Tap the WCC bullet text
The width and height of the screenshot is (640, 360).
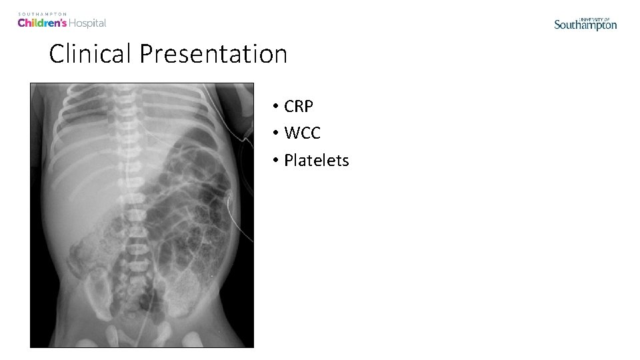point(302,133)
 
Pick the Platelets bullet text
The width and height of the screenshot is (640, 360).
point(316,160)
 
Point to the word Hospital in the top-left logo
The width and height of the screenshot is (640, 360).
point(88,23)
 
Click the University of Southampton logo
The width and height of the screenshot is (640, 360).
point(585,24)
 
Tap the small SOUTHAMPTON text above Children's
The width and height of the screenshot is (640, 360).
point(42,13)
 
